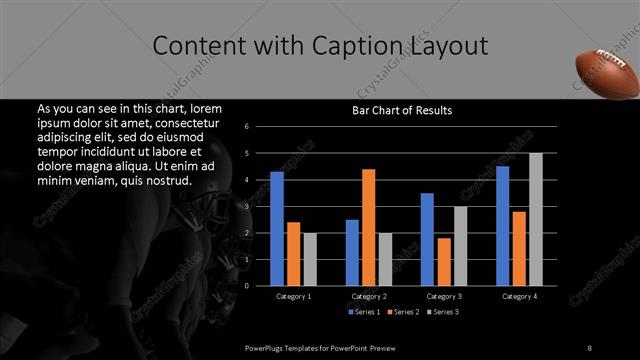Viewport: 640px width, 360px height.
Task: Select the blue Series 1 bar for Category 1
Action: tap(277, 228)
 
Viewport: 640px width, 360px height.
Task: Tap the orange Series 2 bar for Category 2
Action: tap(368, 227)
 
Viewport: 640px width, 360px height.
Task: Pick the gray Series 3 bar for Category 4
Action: tap(535, 219)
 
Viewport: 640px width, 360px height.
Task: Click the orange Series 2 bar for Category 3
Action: tap(443, 261)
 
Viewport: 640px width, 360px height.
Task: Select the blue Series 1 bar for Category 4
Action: tap(502, 225)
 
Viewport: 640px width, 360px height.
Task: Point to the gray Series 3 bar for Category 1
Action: tap(310, 259)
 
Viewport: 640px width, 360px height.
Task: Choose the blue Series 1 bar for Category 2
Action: tap(352, 252)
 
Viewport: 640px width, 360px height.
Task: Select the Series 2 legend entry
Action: tap(403, 313)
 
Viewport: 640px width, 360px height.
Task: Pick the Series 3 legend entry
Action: tap(443, 313)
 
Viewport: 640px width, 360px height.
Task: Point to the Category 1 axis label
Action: tap(293, 296)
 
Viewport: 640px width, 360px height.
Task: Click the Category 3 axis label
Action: tap(443, 296)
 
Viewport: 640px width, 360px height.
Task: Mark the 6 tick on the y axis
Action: tap(260, 127)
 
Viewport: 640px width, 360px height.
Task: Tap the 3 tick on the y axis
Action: tap(260, 207)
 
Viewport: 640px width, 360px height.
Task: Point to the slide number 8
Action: tap(589, 347)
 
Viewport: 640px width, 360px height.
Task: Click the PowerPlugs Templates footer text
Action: tap(321, 347)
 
